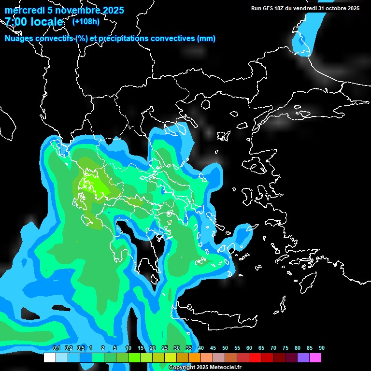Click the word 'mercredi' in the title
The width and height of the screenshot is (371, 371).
[x=24, y=10]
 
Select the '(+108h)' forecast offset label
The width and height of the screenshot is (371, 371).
[x=86, y=21]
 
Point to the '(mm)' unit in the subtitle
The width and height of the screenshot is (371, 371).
[x=206, y=38]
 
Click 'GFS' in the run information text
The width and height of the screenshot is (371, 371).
[x=275, y=8]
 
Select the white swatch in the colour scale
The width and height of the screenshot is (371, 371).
[x=49, y=357]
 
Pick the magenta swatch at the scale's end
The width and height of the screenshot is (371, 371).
[x=315, y=357]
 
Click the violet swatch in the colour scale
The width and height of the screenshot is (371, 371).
[x=303, y=357]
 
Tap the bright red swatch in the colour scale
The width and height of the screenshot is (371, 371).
[x=255, y=357]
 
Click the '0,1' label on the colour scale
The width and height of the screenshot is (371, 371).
[x=56, y=348]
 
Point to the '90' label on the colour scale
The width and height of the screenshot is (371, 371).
[x=321, y=348]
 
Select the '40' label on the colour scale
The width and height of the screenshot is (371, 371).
[x=200, y=348]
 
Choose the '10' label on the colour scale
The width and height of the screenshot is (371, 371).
[x=128, y=348]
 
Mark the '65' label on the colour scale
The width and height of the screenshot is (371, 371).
[x=261, y=348]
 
